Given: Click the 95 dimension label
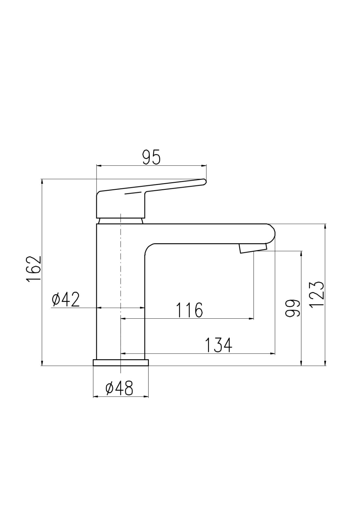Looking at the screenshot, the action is click(x=151, y=158).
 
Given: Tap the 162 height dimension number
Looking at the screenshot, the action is click(x=34, y=269).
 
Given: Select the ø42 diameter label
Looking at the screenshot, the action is click(x=66, y=299).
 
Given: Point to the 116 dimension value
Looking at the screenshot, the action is click(x=189, y=310).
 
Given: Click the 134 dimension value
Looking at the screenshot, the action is click(x=218, y=345).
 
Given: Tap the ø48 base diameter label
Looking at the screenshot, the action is click(x=119, y=388).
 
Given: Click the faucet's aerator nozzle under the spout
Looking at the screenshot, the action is click(x=253, y=249).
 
